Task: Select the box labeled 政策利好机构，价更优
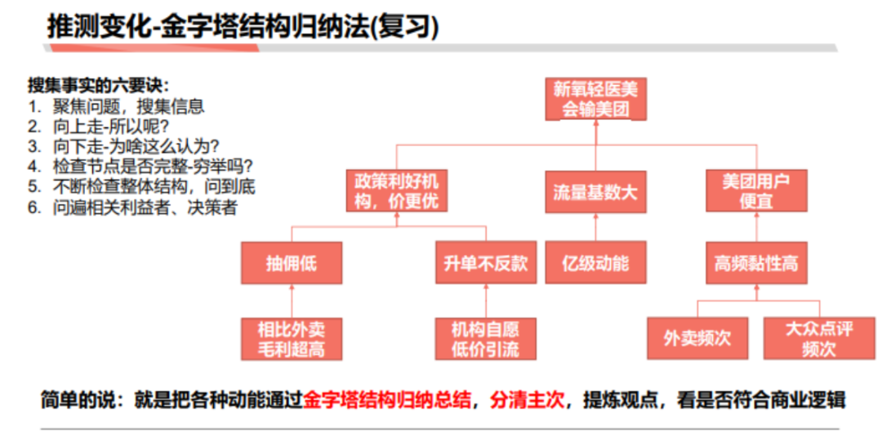398,190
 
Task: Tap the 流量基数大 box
595,192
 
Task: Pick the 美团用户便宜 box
756,190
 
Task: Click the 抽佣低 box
291,263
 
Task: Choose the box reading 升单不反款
485,263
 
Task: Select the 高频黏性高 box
756,263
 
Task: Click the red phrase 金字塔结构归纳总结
387,400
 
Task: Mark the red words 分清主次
528,400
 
